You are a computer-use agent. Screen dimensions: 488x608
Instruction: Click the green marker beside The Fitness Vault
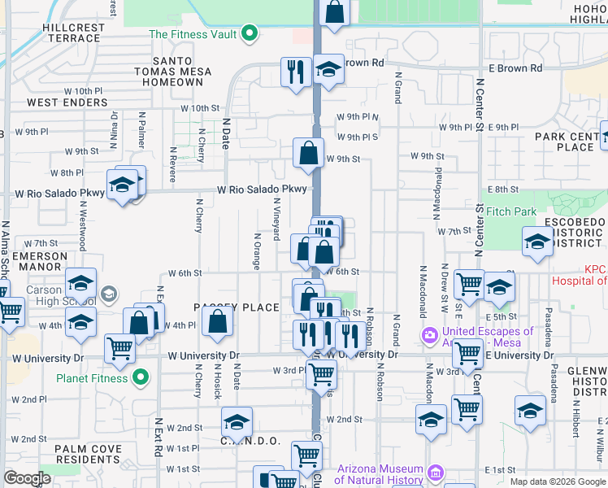point(250,34)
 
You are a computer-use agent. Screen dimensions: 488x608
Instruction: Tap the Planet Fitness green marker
point(141,378)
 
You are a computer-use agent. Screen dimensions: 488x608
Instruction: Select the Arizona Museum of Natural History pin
point(436,473)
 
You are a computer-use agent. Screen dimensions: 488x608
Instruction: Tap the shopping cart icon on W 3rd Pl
point(322,373)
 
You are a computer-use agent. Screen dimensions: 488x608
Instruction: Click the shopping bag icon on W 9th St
point(309,152)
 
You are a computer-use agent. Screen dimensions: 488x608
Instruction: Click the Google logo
point(27,478)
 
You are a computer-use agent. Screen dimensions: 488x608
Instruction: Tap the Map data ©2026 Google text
point(558,481)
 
